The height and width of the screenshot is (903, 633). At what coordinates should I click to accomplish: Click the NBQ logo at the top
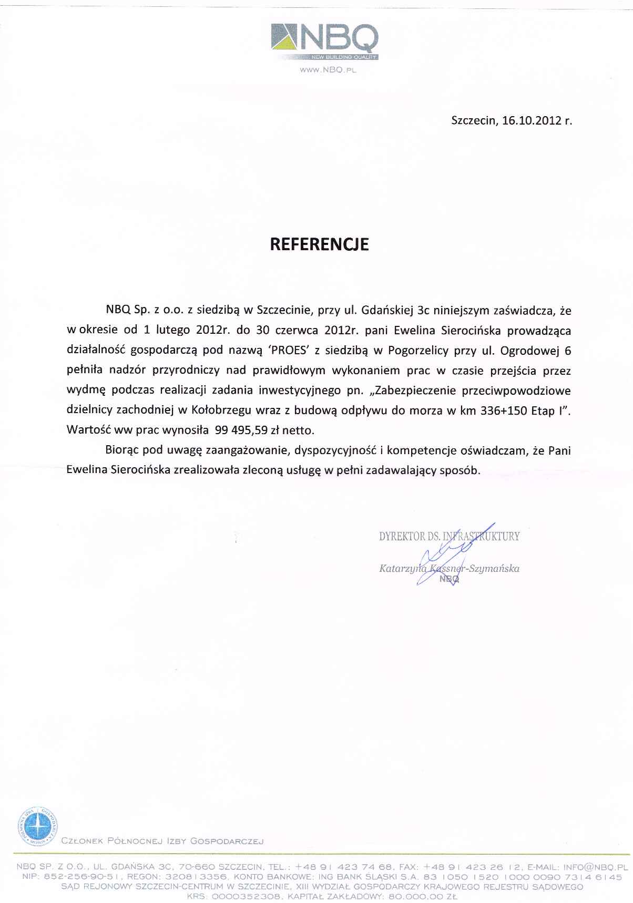tap(324, 41)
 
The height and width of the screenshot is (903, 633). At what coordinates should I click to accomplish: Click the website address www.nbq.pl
tap(328, 70)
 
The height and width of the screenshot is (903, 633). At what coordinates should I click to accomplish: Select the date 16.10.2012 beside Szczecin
tap(532, 120)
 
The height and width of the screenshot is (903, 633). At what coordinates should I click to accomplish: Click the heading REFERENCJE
tap(319, 244)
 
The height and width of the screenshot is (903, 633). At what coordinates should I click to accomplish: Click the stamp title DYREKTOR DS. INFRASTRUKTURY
tap(449, 537)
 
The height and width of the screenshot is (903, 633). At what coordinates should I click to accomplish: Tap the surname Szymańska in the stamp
tap(494, 568)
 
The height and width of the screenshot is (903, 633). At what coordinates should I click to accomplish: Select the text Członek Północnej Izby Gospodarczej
tap(162, 841)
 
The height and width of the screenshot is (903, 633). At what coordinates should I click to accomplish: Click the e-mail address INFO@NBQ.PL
tap(596, 867)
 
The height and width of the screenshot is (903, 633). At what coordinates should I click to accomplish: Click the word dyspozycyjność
tap(335, 450)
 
